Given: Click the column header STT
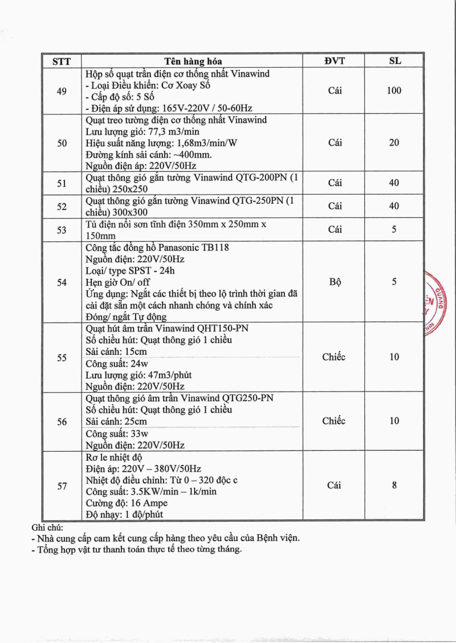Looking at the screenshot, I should click(62, 61).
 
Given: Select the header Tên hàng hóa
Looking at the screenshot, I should click(193, 61).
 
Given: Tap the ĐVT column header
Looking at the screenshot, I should click(335, 61).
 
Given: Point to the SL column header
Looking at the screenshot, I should click(394, 61).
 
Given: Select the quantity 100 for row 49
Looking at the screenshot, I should click(394, 90).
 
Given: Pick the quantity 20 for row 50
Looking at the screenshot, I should click(394, 143).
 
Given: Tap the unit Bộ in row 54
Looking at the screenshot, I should click(335, 282).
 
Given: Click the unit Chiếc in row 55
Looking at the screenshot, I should click(333, 357).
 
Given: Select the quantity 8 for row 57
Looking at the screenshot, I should click(394, 485).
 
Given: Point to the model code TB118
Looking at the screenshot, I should click(213, 248).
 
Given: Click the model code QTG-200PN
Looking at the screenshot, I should click(256, 178).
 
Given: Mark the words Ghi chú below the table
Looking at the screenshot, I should click(48, 527).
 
